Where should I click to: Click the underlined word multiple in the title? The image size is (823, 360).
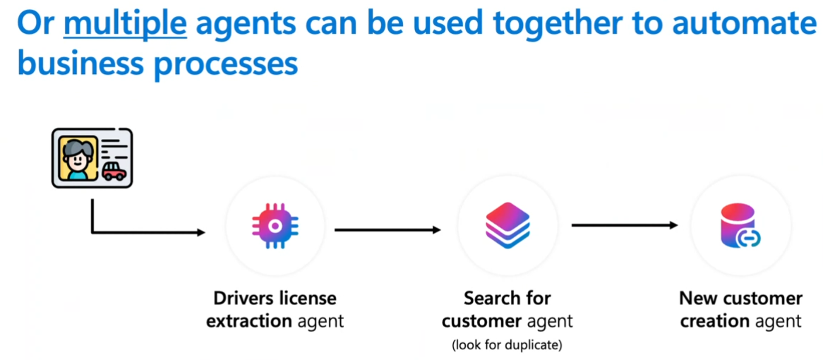click(x=125, y=23)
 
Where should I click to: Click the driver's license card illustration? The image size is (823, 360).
click(x=92, y=157)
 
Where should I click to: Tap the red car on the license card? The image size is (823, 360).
click(x=114, y=172)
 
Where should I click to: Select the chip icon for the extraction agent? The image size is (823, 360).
click(x=275, y=225)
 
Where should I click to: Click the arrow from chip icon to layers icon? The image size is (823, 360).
click(x=388, y=229)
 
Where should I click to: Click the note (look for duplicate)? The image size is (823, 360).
click(x=507, y=345)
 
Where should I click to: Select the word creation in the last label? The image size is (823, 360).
click(x=714, y=322)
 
